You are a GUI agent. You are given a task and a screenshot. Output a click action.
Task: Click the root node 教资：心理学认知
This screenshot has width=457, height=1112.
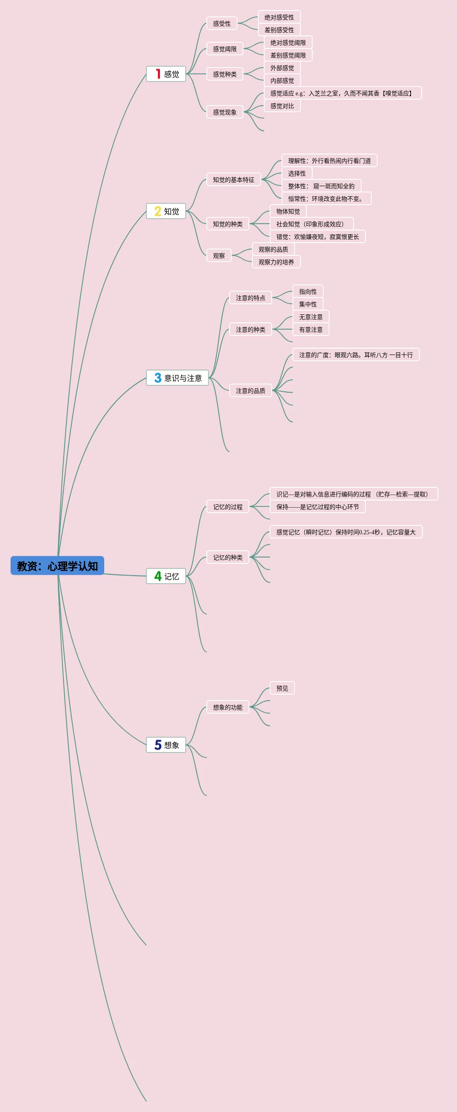coord(57,565)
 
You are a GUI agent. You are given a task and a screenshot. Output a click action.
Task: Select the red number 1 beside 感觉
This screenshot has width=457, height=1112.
coord(158,74)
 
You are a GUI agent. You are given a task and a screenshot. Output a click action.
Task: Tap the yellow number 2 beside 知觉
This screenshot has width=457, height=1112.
coord(157,211)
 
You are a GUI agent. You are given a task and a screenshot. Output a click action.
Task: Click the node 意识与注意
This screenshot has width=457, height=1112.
coord(177,378)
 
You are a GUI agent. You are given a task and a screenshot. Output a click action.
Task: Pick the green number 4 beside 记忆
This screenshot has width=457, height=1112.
coord(158,576)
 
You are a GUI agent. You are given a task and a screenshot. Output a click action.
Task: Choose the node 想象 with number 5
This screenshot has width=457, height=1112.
coord(166,745)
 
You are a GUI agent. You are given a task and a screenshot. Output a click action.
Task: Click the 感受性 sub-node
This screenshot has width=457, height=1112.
coord(222,23)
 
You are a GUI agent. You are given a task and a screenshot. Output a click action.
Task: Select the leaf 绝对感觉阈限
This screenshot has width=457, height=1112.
coord(288,42)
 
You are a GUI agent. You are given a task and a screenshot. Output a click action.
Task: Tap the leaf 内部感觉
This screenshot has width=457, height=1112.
coord(282,80)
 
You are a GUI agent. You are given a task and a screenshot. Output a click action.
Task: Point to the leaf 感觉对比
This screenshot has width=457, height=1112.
coord(282,106)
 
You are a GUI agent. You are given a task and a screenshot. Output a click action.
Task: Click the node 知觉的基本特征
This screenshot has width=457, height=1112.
coord(233,180)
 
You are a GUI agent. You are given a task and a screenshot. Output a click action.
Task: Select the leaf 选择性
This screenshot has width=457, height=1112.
coord(297,173)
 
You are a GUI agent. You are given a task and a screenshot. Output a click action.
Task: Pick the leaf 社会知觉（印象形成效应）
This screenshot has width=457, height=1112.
coord(310,224)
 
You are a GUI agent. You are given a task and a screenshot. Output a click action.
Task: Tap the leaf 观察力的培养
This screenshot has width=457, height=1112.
coord(276,262)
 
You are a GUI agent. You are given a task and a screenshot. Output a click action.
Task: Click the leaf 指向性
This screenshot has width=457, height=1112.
coord(308,291)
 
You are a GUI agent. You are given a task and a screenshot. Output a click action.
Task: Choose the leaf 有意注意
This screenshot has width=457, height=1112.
coord(311,329)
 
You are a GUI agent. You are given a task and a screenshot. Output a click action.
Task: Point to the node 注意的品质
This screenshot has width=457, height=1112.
coord(250,390)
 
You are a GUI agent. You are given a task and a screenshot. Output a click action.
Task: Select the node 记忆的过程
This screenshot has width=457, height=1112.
coord(228,506)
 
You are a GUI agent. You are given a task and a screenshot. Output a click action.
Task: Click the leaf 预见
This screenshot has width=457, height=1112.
coord(282,688)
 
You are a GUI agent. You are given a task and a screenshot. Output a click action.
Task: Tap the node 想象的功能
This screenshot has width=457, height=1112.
coord(228,707)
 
